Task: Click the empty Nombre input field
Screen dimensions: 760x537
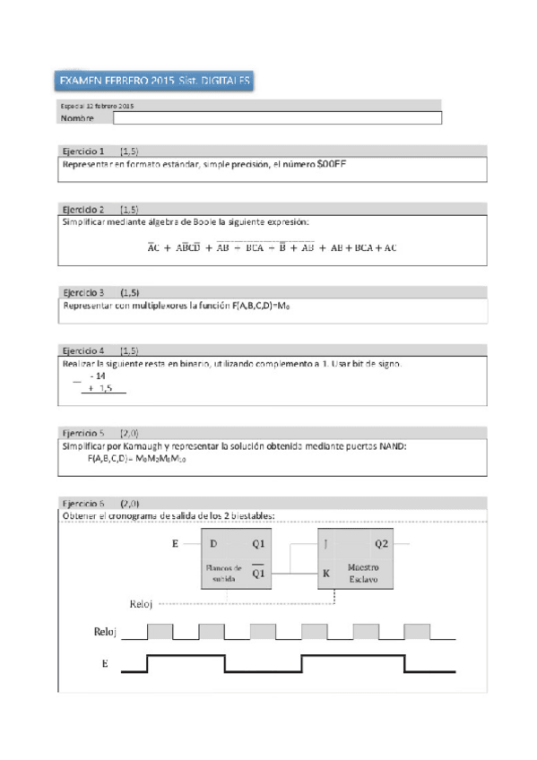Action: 278,117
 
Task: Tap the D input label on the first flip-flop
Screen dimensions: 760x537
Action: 213,543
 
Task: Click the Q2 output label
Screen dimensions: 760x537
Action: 382,543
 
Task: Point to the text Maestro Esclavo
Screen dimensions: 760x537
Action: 362,573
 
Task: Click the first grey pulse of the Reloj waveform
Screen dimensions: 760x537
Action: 160,631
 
